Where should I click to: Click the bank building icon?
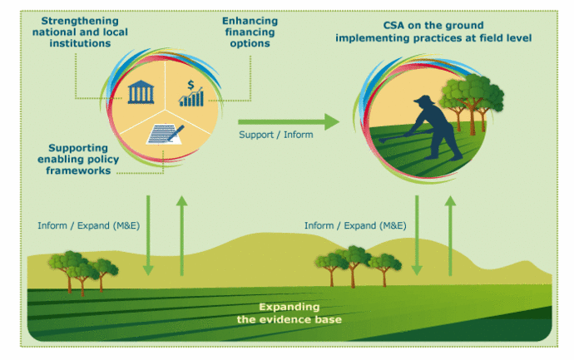coord(141,91)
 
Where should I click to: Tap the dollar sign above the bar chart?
coord(191,85)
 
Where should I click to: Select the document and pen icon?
coord(166,134)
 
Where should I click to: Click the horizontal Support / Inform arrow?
coord(289,122)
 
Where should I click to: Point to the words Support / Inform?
coord(276,135)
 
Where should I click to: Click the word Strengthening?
coord(80,21)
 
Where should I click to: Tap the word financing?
coord(250,32)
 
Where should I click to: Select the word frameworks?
coord(78,170)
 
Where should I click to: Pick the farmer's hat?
coord(424,100)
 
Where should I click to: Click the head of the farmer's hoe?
coord(382,141)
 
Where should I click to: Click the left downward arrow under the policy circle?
coord(148,235)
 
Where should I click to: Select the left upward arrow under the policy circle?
coord(181,235)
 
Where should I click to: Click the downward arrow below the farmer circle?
coord(417,235)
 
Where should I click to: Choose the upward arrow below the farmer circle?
coord(450,235)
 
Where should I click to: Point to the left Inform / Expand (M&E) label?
coord(88,225)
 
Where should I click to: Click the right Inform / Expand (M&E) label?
coord(355,225)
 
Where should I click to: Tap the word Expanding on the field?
coord(289,307)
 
